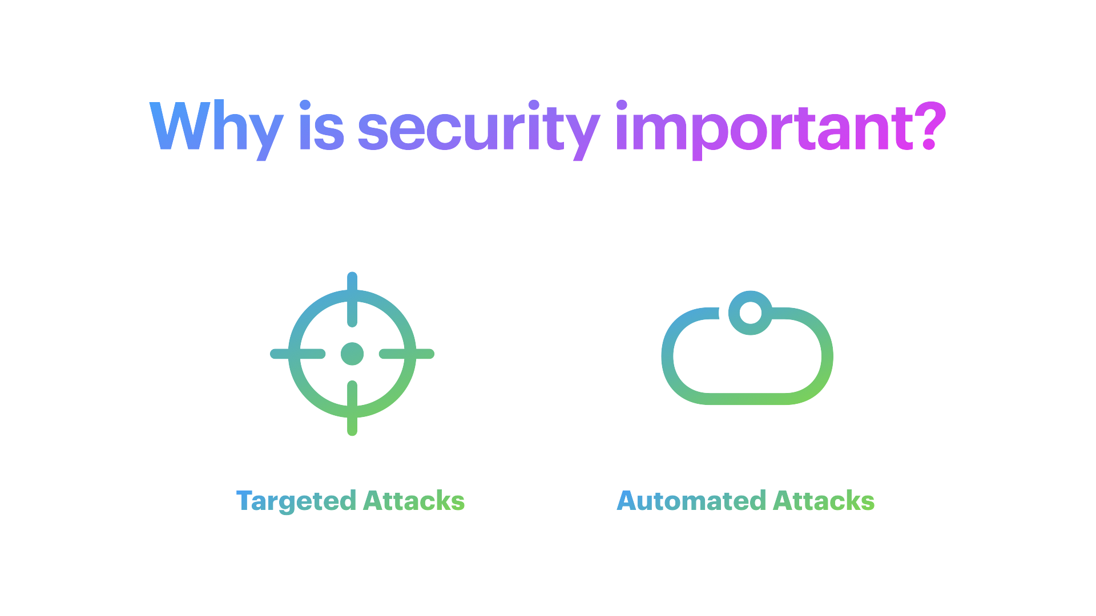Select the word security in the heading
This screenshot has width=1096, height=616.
tap(478, 131)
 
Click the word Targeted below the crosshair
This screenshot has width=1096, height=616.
tap(296, 501)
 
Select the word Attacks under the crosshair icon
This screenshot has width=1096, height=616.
tap(414, 500)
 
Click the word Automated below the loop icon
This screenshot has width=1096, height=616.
tap(691, 500)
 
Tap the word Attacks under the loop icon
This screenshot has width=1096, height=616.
tap(824, 500)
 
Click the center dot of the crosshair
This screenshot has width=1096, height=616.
tap(352, 354)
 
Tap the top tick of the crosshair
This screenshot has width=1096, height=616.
tap(352, 299)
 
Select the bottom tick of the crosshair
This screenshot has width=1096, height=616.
tap(352, 408)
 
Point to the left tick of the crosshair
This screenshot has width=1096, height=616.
tap(297, 354)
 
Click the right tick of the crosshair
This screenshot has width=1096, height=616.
tap(407, 354)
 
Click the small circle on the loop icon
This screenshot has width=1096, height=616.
tap(750, 313)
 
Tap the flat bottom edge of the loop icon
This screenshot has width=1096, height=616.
tap(747, 399)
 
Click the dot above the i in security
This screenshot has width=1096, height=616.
tap(534, 106)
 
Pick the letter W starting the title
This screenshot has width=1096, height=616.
tap(181, 126)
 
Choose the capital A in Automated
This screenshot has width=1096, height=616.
tap(627, 500)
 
